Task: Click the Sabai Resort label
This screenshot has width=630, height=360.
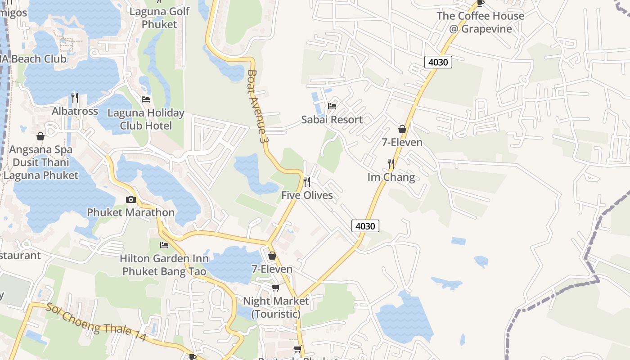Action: (332, 120)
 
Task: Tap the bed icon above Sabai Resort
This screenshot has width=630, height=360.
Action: (332, 106)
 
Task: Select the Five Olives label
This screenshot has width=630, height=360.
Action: (307, 195)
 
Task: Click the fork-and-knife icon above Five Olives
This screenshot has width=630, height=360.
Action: (307, 182)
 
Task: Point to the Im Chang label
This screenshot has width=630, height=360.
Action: (391, 177)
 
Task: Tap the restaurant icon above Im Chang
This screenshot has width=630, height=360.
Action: (391, 163)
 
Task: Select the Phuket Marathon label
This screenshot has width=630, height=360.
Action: (130, 212)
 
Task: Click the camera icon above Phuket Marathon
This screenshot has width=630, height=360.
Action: (131, 199)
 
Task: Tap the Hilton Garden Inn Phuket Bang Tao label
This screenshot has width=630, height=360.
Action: (165, 265)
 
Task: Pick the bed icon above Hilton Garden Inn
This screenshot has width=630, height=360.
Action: (164, 245)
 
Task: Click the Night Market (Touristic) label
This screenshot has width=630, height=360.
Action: (276, 307)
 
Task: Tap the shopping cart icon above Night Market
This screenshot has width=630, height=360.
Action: (275, 288)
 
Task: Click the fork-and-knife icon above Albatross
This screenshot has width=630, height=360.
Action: (75, 97)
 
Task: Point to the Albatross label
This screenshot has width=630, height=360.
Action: (75, 111)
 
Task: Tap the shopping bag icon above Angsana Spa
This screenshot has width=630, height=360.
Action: (40, 136)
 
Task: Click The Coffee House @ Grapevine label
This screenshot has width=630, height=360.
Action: (480, 22)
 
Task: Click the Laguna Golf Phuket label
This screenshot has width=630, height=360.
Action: (159, 18)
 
